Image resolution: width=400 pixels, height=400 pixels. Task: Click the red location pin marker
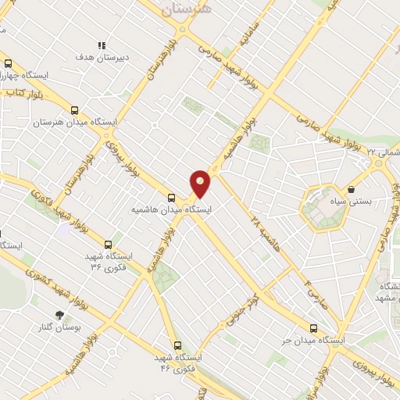coord(201,183)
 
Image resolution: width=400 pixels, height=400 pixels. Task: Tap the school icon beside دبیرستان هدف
coord(101,45)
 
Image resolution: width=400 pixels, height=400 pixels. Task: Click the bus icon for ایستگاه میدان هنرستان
coord(74,110)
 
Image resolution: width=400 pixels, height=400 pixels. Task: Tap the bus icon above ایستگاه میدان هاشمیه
coord(172,197)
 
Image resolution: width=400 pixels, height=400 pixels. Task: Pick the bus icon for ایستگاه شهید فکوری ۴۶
coord(177,345)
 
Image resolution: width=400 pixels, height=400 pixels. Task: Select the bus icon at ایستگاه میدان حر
coord(314,329)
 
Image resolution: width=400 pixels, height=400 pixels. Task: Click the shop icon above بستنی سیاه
coord(351,189)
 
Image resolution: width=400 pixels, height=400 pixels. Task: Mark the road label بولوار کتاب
coord(26,93)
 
